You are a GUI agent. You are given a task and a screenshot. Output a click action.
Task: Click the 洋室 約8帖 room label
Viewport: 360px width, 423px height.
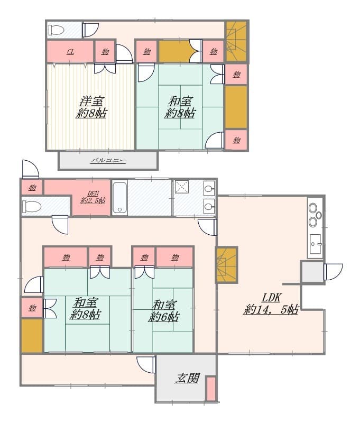coord(91,107)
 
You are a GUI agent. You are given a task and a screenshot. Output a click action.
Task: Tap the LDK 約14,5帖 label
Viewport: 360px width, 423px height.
coord(271,304)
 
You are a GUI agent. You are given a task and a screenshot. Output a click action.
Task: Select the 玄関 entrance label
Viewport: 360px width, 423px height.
coord(187,378)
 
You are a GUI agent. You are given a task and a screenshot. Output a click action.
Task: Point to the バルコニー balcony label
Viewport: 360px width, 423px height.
coord(108,161)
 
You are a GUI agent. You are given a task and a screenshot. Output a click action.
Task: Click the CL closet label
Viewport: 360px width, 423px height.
coord(70,51)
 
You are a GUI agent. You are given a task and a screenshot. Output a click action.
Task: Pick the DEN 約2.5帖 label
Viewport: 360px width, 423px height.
coord(93,197)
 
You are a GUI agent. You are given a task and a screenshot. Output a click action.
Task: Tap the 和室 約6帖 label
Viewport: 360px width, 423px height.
coord(164,311)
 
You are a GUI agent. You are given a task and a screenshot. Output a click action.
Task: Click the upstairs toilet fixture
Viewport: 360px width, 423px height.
coord(56,30)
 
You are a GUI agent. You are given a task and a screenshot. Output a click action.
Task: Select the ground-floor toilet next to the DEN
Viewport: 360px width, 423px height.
coord(32,207)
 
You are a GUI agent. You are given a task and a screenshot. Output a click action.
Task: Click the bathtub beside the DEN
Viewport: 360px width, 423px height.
coord(119,198)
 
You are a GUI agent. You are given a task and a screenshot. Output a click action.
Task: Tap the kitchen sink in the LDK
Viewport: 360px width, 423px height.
coord(315,244)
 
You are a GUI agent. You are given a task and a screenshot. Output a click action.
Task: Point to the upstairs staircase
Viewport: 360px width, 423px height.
coord(236,42)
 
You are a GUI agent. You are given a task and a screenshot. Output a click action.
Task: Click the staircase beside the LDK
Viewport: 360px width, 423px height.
coord(226,265)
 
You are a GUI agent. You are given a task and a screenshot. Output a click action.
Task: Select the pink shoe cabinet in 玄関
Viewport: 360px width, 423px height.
coord(211,389)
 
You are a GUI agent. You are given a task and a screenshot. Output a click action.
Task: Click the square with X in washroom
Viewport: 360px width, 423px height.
coord(182,187)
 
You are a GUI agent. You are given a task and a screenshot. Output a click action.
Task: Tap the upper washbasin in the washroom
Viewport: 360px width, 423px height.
coord(209,188)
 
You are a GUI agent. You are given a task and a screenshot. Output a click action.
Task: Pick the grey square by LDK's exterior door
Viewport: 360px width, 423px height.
coord(312,272)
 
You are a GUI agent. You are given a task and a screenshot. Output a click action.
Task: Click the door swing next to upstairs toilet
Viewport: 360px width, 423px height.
coord(90,30)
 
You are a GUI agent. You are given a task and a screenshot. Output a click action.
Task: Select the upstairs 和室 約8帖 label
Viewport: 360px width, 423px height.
coord(180,107)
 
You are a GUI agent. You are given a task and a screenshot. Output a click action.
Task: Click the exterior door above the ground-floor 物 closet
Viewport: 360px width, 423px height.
coord(30,169)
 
